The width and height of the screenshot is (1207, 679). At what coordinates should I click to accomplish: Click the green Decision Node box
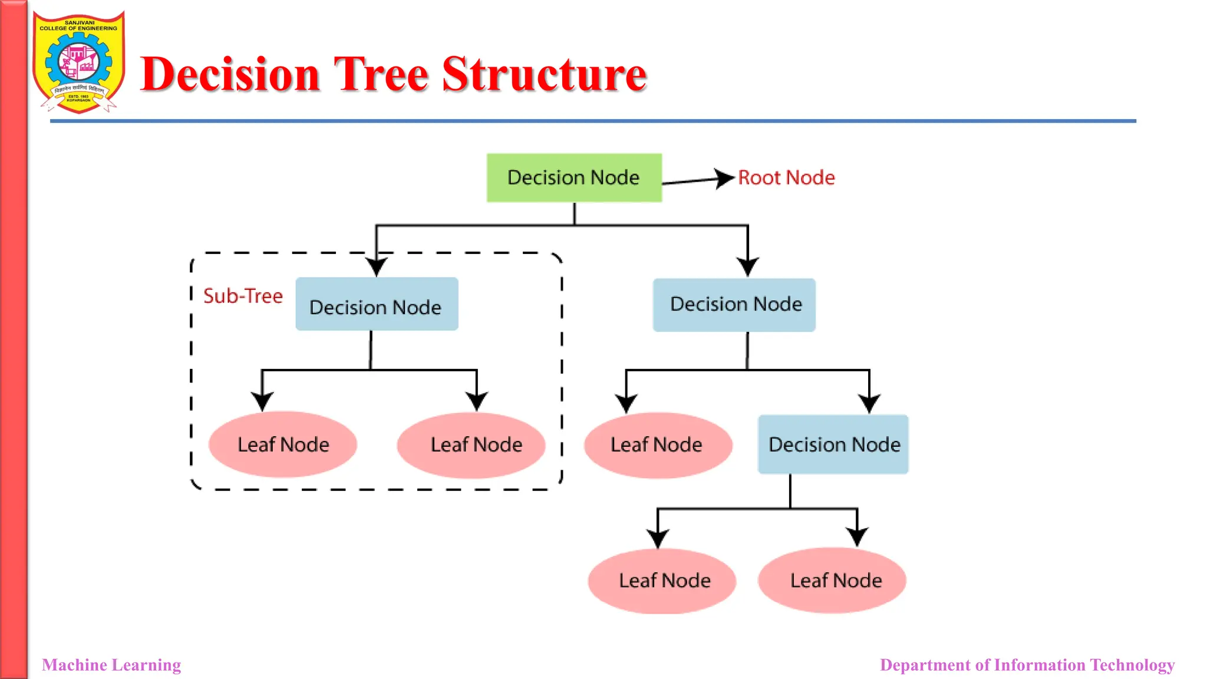573,177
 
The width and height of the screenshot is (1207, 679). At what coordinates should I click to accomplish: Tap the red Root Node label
786,177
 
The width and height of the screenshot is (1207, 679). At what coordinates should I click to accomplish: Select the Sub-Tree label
243,296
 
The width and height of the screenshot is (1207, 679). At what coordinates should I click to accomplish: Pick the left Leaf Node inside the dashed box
283,444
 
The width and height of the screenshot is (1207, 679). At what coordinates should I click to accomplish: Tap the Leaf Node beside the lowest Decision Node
657,444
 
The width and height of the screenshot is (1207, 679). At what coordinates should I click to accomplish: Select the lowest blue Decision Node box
833,444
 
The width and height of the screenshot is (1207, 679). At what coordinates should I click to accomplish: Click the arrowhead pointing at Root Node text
724,178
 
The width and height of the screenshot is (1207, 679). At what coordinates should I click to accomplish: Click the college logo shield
78,62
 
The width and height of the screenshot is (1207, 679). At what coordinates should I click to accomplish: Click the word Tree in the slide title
381,75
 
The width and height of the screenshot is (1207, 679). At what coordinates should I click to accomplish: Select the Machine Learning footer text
111,665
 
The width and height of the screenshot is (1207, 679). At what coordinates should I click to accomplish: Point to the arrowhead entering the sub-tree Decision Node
376,267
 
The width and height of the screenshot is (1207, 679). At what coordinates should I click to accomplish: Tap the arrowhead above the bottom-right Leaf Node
857,536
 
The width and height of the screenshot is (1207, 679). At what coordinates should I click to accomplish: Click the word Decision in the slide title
230,75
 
